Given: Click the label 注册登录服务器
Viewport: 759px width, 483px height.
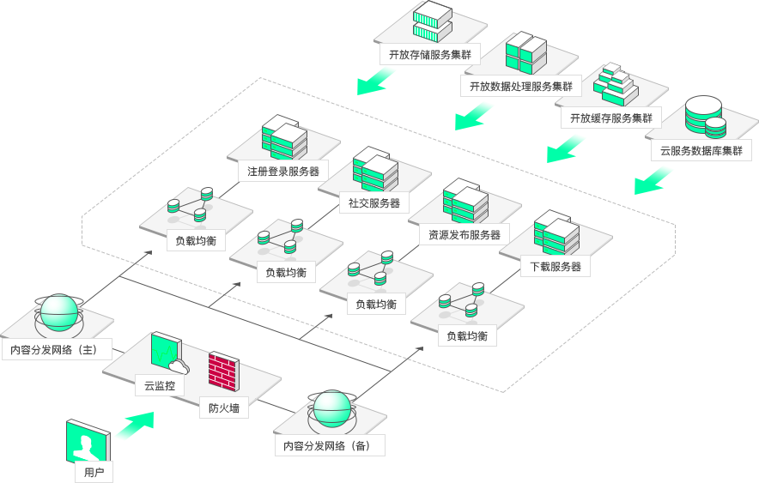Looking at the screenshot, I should point(283,172).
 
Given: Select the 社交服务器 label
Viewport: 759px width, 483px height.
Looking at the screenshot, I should point(374,203).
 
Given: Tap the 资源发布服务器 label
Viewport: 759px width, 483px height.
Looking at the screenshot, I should point(465,234).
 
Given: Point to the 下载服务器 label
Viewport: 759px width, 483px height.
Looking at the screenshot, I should point(556,267).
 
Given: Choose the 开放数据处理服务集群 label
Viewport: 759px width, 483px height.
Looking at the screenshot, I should point(521,86).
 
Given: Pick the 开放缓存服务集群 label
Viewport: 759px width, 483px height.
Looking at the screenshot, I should point(611,118).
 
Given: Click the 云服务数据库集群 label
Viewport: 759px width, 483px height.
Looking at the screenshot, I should point(701,150).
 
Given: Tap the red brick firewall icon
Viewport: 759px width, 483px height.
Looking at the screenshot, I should point(223,371).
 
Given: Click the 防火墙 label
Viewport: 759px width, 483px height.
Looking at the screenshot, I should point(224,408).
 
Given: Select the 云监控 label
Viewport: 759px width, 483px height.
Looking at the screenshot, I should point(160,386).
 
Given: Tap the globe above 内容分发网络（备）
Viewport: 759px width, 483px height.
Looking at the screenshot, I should point(331,409).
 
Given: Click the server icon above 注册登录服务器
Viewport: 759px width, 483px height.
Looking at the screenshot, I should point(284,138).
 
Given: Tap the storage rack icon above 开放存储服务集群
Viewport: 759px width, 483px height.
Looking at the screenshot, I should point(432,21).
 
